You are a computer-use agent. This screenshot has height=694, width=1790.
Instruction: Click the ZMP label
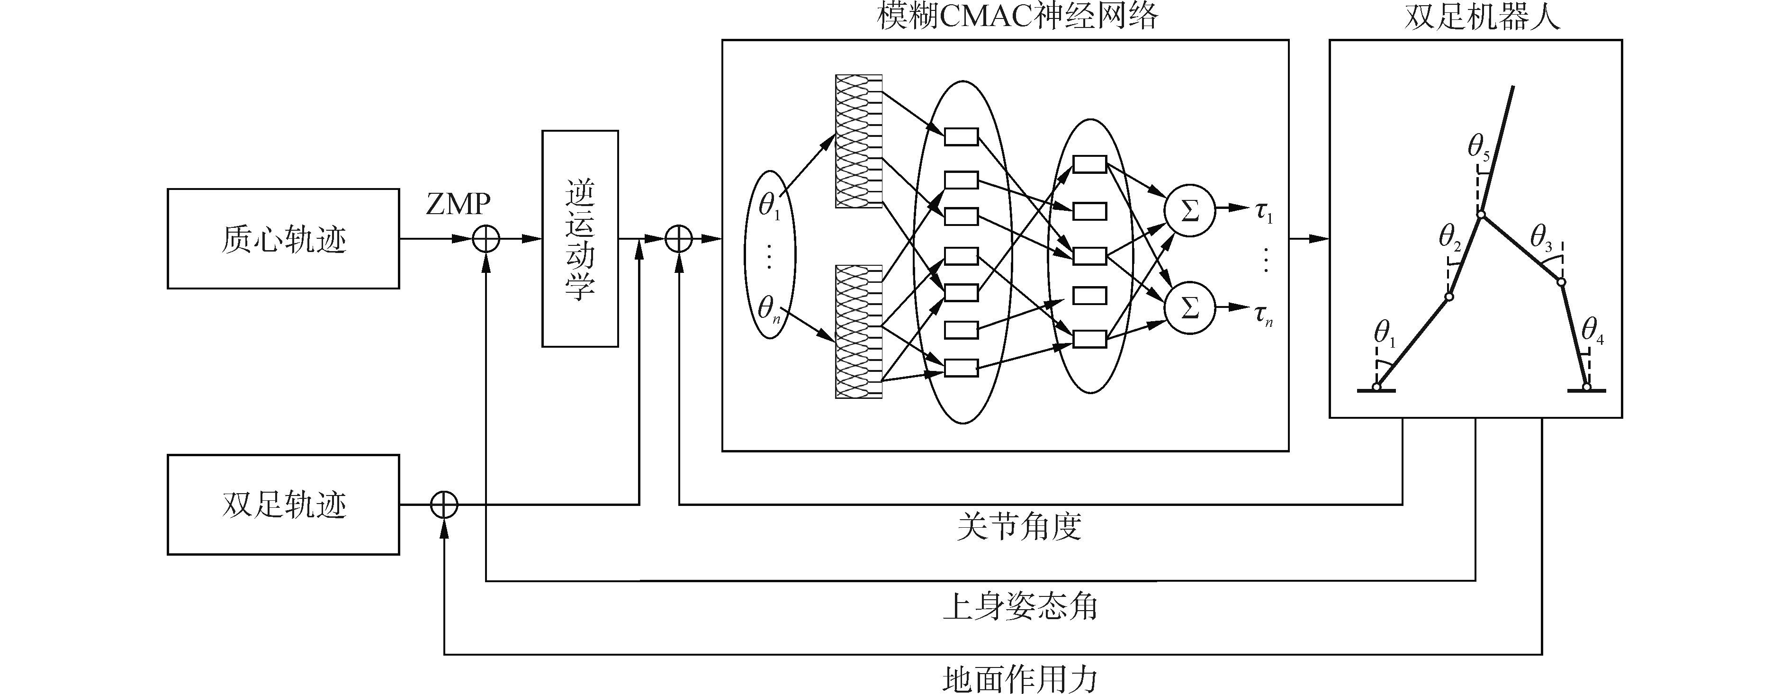(x=458, y=204)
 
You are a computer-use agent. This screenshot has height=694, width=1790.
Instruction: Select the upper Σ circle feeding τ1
(x=1190, y=210)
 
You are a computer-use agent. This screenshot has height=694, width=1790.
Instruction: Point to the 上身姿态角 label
(x=1019, y=606)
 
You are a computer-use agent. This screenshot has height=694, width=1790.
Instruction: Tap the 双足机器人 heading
(x=1482, y=15)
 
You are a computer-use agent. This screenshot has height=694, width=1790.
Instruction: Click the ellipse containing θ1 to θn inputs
(x=769, y=254)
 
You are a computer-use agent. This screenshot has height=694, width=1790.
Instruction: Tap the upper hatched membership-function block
(x=858, y=141)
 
